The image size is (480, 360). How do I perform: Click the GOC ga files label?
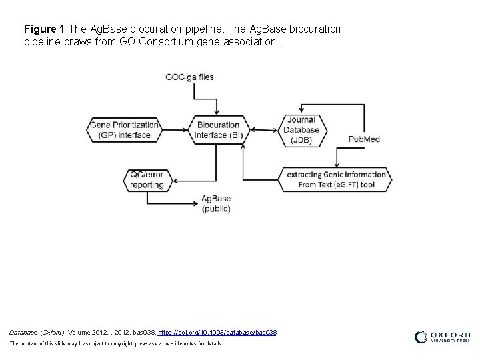point(190,77)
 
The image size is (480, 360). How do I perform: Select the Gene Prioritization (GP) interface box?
point(125,129)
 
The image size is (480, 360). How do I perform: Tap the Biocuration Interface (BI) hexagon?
point(217,129)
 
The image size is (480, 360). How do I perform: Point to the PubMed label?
point(363,139)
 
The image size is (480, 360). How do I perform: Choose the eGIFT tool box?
point(336,179)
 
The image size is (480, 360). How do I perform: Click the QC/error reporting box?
point(147,179)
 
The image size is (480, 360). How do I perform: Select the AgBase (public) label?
point(217,203)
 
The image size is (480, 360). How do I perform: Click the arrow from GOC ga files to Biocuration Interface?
point(217,100)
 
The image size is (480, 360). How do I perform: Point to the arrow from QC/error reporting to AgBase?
point(180,198)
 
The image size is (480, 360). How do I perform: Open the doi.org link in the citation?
point(217,331)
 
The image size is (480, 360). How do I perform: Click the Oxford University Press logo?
point(442,337)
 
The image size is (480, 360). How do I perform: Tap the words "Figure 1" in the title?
point(44,30)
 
